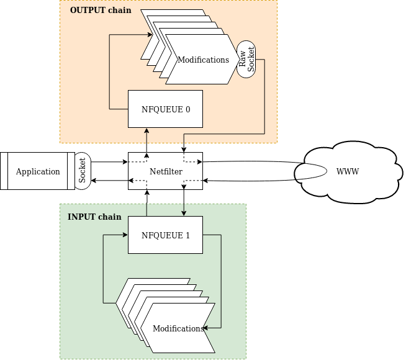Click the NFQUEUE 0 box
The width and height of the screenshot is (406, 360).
pos(165,109)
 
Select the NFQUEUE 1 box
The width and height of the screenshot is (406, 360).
pos(165,235)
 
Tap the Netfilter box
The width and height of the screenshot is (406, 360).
pos(165,171)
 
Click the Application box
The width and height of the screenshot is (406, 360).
pos(38,171)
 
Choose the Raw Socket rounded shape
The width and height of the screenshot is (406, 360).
pos(246,60)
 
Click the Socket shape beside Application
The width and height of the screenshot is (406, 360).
pos(83,171)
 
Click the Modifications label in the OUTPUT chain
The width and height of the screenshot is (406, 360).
pos(203,60)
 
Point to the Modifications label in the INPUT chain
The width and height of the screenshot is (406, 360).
pos(178,328)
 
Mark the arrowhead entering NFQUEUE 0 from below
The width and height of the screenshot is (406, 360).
pos(147,130)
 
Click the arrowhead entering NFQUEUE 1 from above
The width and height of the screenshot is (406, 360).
pos(184,214)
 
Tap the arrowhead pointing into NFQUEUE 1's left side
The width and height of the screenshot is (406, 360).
pos(125,235)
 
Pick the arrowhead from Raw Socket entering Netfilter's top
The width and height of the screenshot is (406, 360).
pos(184,150)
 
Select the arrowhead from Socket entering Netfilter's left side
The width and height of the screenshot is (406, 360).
pos(125,162)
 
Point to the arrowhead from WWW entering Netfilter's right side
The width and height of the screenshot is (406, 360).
pos(205,180)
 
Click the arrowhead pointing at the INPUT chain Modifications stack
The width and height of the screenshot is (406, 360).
pos(219,327)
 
